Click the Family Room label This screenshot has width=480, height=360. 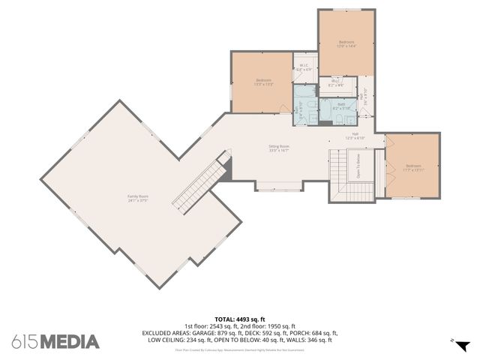point(136,198)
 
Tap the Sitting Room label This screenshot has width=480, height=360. point(279,148)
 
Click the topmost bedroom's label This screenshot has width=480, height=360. point(346,43)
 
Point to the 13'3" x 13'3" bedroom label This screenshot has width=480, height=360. point(262,82)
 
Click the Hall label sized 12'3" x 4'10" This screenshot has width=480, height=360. point(355,136)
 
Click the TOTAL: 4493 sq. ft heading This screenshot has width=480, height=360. point(240,319)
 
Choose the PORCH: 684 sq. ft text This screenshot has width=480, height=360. point(314,333)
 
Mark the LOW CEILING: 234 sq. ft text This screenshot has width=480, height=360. point(178,340)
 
